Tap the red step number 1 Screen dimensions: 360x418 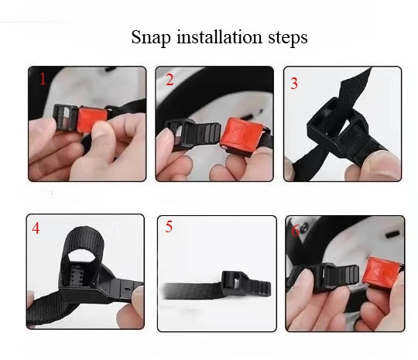point(43,78)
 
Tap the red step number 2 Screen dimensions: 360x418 point(170,79)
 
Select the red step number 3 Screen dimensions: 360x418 point(294,84)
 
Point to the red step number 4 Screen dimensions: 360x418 point(36,228)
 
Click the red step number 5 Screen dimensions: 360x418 point(169,227)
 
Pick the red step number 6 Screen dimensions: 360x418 point(295,230)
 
